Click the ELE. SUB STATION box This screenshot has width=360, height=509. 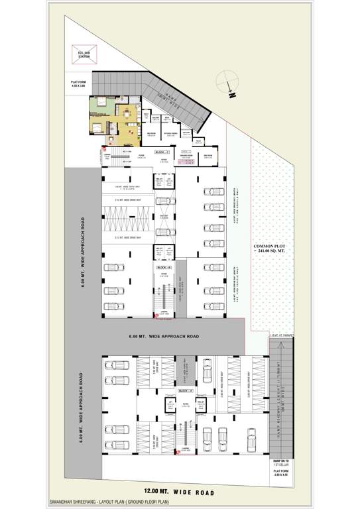coord(83,54)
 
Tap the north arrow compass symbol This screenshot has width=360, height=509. coord(227,82)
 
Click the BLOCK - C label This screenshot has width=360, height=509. coord(162,152)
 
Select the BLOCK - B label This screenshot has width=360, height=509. coord(163,266)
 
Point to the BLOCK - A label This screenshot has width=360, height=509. coord(177,392)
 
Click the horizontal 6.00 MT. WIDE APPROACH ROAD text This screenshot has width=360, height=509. coord(165,337)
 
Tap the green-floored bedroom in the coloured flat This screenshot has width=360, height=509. coord(100,103)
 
